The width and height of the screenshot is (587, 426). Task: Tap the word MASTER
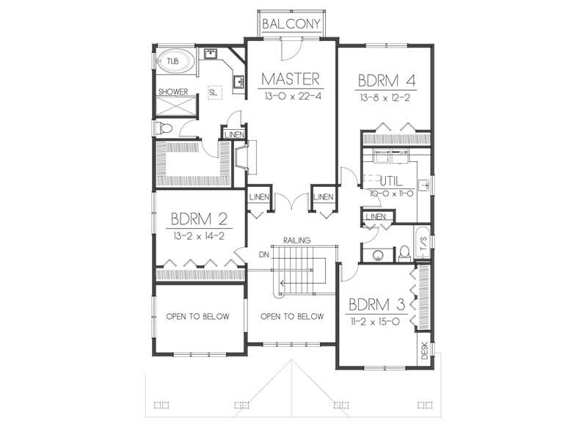coord(291,79)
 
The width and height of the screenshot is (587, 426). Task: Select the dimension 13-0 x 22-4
coord(291,96)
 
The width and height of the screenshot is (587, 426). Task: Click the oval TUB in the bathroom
coord(174,62)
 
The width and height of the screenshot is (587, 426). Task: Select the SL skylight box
coord(214,92)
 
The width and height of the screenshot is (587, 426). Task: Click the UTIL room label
coord(397,180)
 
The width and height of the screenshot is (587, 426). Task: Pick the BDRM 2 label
coord(198,218)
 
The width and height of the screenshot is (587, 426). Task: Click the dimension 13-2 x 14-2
coord(198,236)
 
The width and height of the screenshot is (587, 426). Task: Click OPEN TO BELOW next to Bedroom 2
coord(197,317)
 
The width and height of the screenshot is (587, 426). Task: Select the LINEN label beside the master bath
coord(233,134)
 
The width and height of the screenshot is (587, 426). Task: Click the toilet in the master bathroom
coord(166,129)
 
